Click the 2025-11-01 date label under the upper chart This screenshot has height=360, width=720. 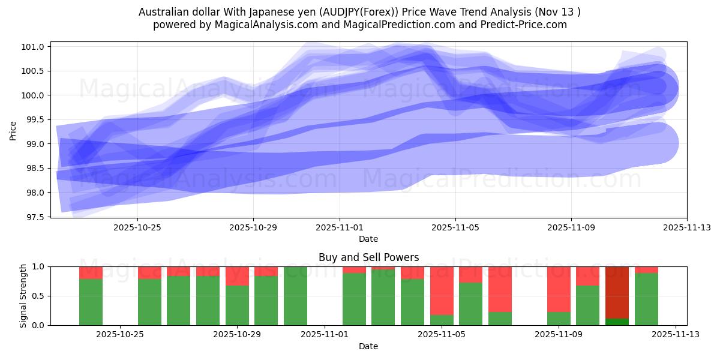340,227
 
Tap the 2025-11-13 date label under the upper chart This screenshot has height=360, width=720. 686,227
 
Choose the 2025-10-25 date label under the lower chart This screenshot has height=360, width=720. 120,335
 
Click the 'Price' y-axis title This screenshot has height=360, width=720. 13,130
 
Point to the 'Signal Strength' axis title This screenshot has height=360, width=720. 23,295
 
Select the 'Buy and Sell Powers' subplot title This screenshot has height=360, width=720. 368,257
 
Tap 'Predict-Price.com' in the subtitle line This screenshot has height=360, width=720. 524,25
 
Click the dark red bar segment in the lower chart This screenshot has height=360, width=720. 617,292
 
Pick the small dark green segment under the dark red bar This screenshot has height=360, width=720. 617,322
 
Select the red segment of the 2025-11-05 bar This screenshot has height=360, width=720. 442,290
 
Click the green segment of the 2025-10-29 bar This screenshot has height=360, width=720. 237,305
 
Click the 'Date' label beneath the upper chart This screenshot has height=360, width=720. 368,239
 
